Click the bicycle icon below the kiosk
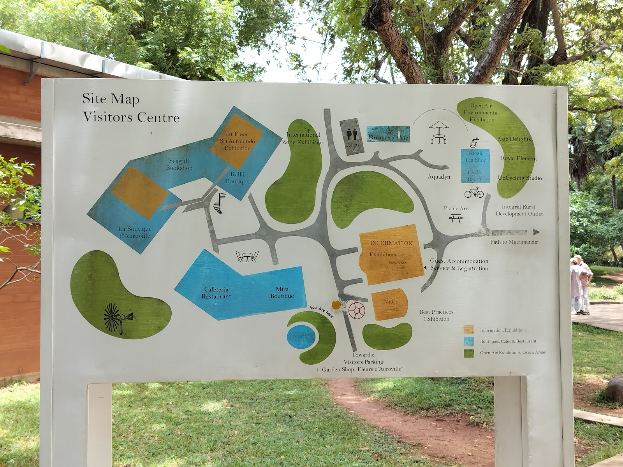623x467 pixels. [474, 192]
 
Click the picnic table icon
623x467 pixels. [456, 218]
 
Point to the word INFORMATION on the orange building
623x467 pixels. [391, 243]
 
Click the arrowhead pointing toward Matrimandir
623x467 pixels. [536, 232]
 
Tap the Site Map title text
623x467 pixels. [111, 99]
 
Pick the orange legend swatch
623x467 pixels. [468, 330]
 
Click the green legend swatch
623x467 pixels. [468, 353]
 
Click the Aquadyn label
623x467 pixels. [439, 177]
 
